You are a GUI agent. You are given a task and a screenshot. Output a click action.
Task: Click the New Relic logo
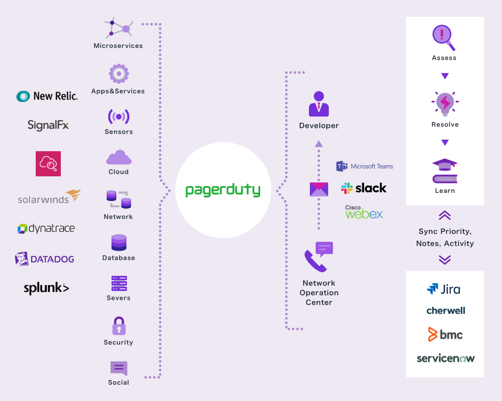[47, 96]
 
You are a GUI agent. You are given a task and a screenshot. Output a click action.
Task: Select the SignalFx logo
[48, 125]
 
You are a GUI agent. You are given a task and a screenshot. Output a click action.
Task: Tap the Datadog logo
[44, 259]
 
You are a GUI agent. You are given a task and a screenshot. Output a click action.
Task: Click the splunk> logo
[46, 288]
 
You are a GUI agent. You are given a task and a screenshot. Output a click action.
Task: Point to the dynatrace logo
[46, 229]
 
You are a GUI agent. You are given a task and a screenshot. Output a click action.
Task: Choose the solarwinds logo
[49, 197]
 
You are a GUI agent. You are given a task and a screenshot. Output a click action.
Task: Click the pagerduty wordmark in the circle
[223, 190]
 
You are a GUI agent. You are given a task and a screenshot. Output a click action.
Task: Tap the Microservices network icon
[119, 29]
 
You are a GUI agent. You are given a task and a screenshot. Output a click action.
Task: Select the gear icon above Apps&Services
[119, 74]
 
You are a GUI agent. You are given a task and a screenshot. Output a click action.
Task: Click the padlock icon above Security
[119, 326]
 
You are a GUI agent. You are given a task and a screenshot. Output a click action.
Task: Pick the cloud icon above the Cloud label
[119, 158]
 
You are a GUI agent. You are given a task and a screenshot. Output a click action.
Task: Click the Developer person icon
[319, 104]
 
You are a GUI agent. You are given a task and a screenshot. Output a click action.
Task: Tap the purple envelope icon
[319, 189]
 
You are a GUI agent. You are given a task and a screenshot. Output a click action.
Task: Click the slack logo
[363, 188]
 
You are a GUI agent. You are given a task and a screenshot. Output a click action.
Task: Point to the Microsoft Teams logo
[364, 166]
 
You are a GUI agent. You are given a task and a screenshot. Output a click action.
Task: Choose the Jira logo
[444, 289]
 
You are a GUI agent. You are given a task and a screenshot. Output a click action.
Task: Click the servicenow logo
[446, 358]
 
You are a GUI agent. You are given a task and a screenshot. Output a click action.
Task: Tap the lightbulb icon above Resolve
[445, 103]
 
